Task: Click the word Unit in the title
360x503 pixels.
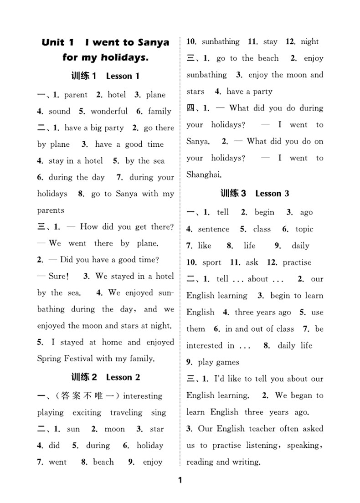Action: (x=53, y=42)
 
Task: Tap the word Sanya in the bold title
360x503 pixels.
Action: (x=152, y=42)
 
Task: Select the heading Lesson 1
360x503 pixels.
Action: (x=122, y=76)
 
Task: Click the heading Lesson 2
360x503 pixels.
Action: (x=123, y=377)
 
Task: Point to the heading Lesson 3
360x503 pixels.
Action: (x=272, y=194)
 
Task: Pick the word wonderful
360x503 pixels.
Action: (x=109, y=112)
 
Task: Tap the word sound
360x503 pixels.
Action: (x=59, y=112)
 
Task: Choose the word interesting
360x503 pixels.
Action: (x=143, y=396)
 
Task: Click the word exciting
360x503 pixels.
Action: (x=87, y=413)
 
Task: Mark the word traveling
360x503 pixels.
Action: (x=126, y=413)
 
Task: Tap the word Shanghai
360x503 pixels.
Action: (x=204, y=175)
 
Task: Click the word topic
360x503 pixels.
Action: (x=304, y=229)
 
